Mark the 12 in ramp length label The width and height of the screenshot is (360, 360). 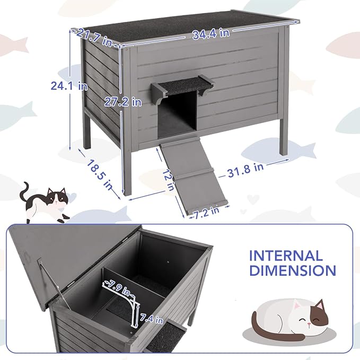[x=169, y=181]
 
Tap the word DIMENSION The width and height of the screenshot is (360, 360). [x=293, y=271]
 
